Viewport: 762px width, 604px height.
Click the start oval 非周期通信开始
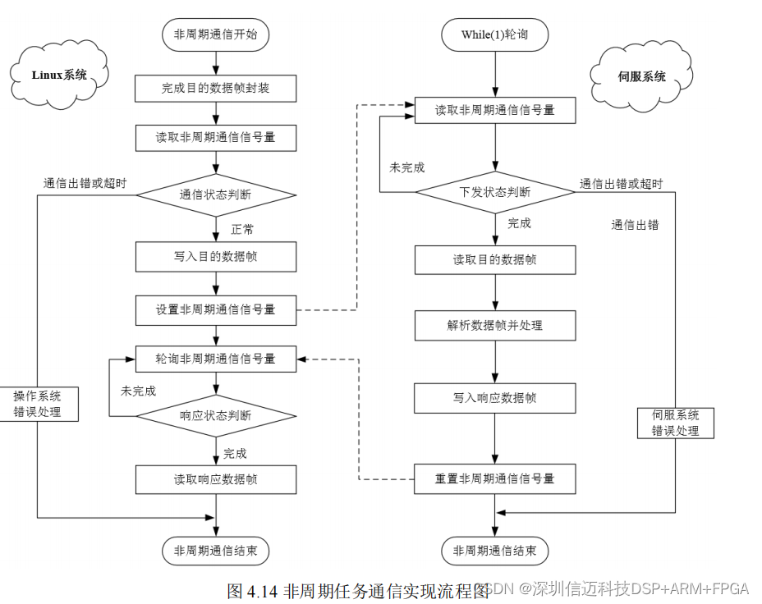tap(216, 34)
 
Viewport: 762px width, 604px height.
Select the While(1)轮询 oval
tap(494, 34)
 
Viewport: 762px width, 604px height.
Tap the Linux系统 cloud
tap(59, 75)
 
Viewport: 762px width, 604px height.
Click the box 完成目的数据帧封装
tap(216, 88)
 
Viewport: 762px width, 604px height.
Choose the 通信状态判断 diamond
tap(216, 195)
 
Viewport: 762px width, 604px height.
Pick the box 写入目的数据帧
tap(216, 257)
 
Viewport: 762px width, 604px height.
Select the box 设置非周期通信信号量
tap(216, 309)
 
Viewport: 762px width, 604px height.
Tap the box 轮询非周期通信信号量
tap(216, 358)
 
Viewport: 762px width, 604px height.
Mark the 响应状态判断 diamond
tap(216, 416)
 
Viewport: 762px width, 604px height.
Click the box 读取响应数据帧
tap(216, 479)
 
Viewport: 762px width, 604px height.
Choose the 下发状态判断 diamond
tap(494, 192)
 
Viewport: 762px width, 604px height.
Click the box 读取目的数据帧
tap(494, 259)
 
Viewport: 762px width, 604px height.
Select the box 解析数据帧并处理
tap(494, 325)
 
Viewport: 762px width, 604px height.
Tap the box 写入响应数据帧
tap(494, 398)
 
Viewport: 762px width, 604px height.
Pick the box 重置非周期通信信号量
tap(494, 478)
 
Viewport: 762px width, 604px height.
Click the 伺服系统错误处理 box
tap(676, 422)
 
